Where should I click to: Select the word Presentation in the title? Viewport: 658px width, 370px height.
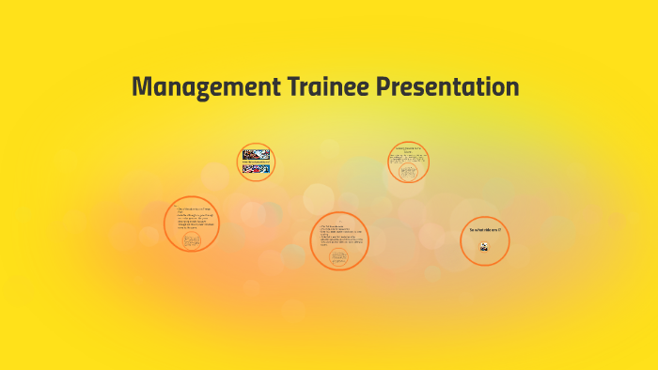447,87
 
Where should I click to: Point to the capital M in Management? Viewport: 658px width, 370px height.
142,87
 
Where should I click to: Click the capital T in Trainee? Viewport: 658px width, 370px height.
282,87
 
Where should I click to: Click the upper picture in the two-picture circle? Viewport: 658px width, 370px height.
256,154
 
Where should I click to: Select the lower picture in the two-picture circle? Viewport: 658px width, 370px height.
256,171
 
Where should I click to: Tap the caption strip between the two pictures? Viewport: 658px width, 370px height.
256,162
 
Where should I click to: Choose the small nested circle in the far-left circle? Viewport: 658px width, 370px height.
192,240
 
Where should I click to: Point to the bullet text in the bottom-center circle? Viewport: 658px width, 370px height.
339,236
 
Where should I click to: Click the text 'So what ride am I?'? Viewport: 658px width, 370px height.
484,230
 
